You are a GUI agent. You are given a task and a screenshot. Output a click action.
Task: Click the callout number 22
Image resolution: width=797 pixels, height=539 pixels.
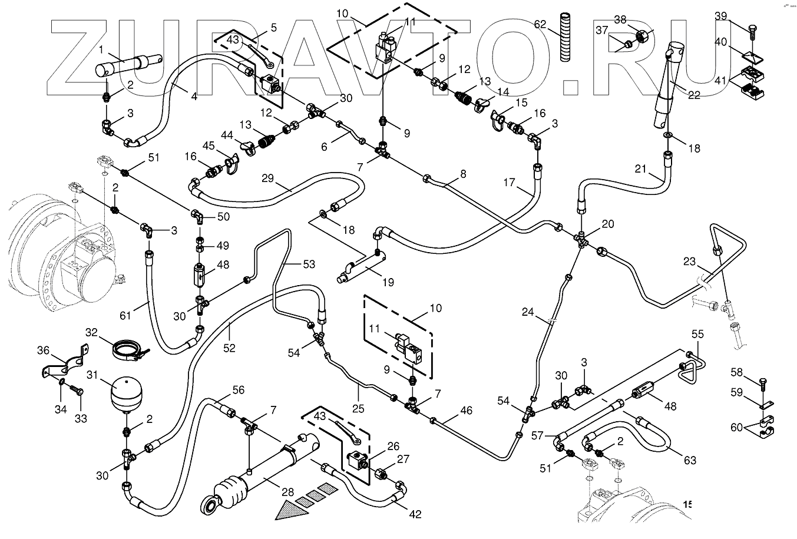tap(695, 95)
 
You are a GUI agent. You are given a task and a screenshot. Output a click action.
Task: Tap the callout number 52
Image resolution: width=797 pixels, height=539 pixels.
tap(229, 348)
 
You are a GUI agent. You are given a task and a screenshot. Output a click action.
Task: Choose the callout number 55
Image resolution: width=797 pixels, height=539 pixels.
tap(697, 334)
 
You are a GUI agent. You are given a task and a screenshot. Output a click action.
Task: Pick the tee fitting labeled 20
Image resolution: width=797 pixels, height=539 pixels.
tap(581, 240)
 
